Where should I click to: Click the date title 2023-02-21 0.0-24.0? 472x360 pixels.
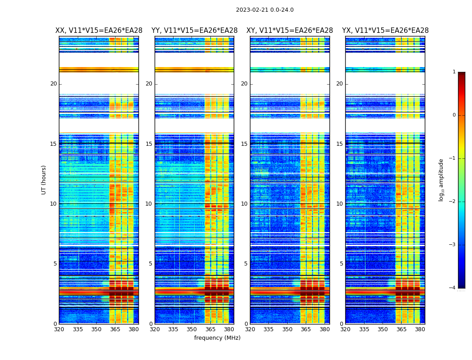tap(265, 10)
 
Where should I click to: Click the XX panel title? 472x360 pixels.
tap(99, 31)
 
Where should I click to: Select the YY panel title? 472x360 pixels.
tap(194, 31)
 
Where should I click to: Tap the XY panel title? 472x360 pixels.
tap(289, 31)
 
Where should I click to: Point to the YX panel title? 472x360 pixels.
tap(385, 31)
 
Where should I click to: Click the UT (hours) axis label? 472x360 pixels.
tap(44, 180)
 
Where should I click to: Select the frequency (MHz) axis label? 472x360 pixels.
tap(217, 338)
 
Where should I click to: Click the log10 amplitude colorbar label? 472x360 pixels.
tap(441, 180)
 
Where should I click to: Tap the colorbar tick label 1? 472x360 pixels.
tap(454, 72)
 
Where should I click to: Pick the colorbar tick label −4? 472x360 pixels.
tap(453, 288)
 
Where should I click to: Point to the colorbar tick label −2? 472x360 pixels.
tap(453, 202)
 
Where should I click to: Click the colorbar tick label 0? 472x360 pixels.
tap(454, 115)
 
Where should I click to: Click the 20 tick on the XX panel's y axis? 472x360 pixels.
tap(53, 84)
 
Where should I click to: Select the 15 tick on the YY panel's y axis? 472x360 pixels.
tap(149, 144)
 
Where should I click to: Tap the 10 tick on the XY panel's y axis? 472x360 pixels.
tap(244, 204)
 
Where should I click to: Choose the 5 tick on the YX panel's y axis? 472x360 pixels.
tap(341, 264)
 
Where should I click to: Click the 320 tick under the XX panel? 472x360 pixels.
tap(59, 329)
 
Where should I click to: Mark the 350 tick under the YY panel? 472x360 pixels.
tap(192, 329)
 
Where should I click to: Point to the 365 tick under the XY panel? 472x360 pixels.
tap(306, 329)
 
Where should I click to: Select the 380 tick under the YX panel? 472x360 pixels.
tap(420, 329)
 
